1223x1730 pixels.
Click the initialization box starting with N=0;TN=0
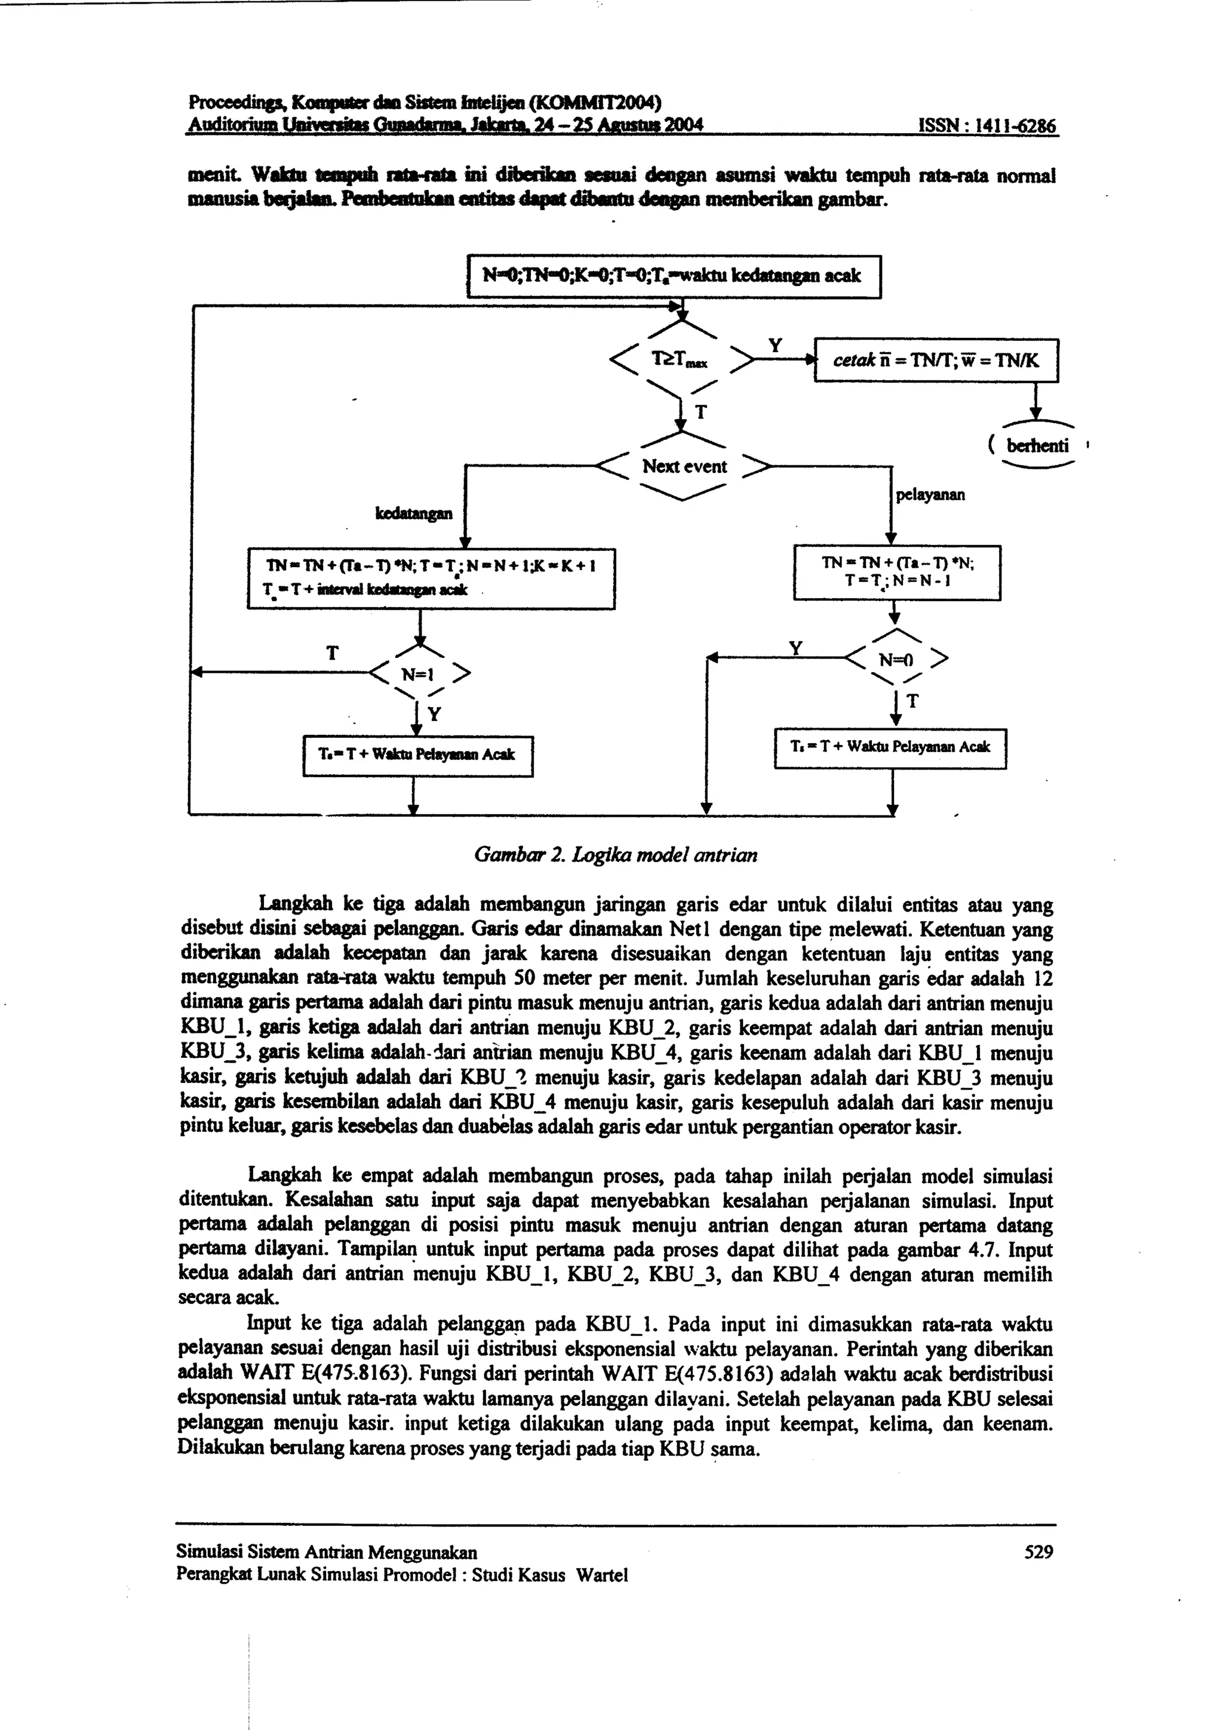pyautogui.click(x=674, y=276)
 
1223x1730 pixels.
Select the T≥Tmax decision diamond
pyautogui.click(x=680, y=360)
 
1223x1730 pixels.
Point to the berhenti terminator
pyautogui.click(x=1037, y=446)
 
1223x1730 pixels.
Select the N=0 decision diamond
pyautogui.click(x=895, y=660)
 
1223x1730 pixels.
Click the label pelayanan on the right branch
pyautogui.click(x=930, y=495)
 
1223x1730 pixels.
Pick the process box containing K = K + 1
pyautogui.click(x=431, y=578)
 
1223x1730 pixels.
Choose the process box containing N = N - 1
pyautogui.click(x=897, y=572)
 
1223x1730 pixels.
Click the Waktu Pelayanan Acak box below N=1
pyautogui.click(x=417, y=755)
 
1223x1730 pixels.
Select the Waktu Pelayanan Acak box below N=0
pyautogui.click(x=890, y=747)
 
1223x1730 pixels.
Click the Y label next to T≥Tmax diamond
pyautogui.click(x=774, y=346)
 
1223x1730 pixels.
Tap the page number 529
pyautogui.click(x=1038, y=1552)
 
